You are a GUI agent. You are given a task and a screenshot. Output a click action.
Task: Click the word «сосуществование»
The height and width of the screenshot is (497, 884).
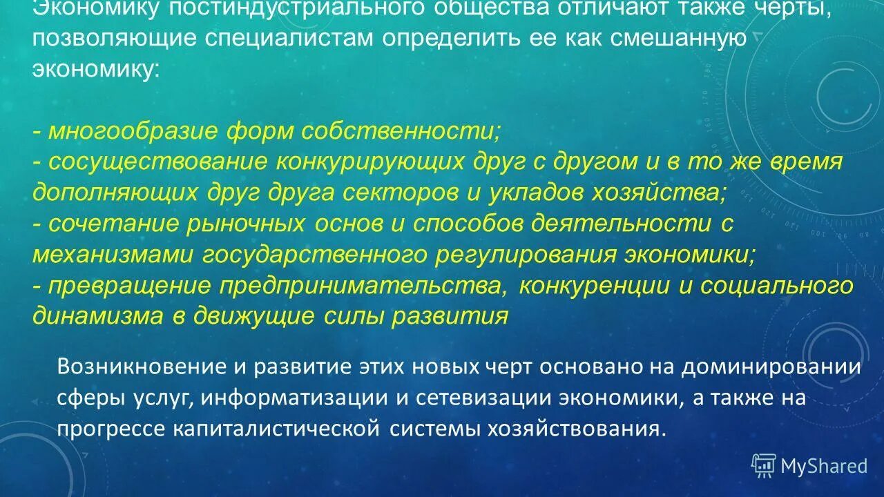coord(157,162)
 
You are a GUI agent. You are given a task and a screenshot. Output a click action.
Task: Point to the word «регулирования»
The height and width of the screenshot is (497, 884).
coord(526,255)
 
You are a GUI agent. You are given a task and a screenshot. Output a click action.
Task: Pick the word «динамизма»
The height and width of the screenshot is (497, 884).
coord(95,317)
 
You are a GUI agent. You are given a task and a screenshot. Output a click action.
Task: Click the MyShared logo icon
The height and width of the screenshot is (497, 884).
coord(763,465)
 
